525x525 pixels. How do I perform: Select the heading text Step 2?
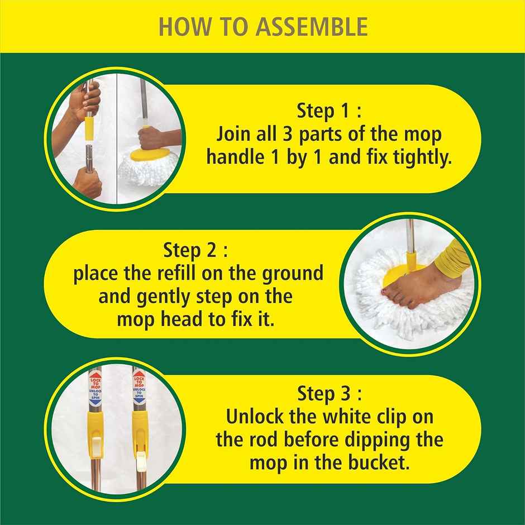click(x=195, y=250)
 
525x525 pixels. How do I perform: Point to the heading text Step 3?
click(x=329, y=393)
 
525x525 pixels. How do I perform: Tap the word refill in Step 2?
click(x=176, y=274)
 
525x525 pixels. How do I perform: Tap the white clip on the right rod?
click(x=140, y=459)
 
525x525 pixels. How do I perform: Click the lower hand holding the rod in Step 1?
click(x=89, y=182)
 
